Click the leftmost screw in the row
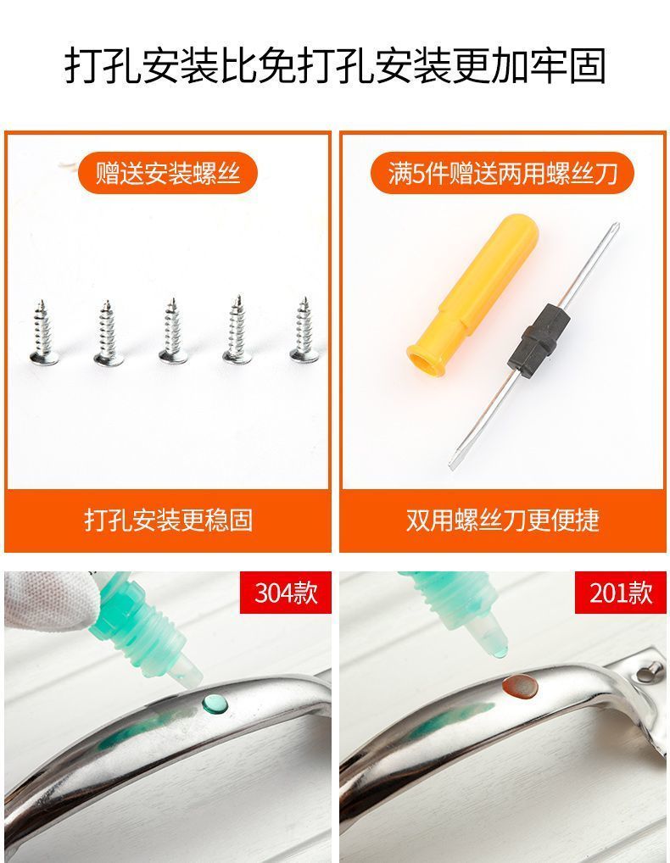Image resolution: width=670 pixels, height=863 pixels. click(43, 333)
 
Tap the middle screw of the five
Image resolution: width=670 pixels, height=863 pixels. click(173, 331)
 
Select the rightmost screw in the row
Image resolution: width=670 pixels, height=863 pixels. click(304, 331)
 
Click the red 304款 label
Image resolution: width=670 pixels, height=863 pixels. click(286, 593)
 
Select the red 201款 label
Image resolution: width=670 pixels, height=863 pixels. click(621, 593)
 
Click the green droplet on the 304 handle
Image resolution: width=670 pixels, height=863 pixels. click(215, 703)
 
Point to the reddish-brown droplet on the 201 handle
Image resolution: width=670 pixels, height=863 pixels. click(520, 687)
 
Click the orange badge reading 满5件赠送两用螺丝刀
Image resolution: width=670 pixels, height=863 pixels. click(502, 173)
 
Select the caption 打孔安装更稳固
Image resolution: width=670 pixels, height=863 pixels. click(168, 520)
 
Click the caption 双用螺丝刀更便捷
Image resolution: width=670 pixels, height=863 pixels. click(503, 520)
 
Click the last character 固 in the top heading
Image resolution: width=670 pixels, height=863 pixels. click(587, 66)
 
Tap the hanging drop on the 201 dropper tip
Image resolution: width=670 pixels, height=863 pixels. click(500, 651)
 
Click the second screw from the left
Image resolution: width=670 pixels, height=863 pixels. click(108, 332)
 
